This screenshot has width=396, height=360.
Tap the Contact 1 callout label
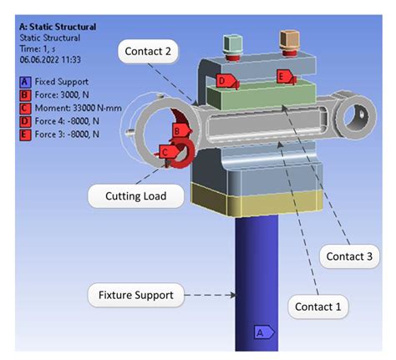click(x=318, y=307)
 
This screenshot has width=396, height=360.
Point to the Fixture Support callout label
click(x=131, y=294)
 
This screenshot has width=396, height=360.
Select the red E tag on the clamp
click(x=284, y=78)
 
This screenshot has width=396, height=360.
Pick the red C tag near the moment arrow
click(x=167, y=151)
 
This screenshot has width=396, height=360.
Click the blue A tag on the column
click(x=261, y=332)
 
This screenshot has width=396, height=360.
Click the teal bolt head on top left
click(x=235, y=43)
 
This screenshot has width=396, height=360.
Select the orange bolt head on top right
click(x=290, y=39)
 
